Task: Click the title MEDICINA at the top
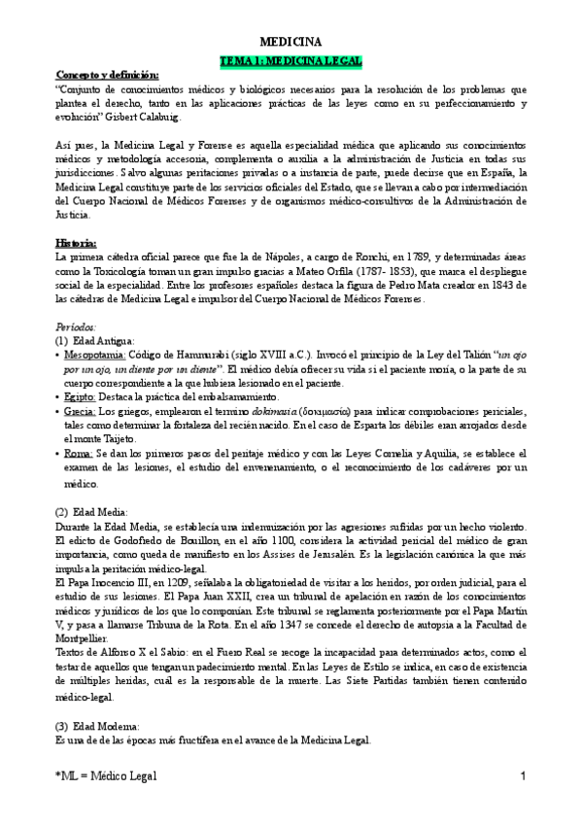[x=291, y=42]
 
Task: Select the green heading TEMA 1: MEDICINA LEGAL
[x=291, y=60]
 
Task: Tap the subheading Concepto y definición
[x=107, y=75]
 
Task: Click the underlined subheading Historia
[x=76, y=242]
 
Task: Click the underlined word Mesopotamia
[x=96, y=356]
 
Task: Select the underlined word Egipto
[x=81, y=397]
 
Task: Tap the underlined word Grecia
[x=81, y=411]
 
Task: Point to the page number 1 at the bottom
[x=523, y=776]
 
